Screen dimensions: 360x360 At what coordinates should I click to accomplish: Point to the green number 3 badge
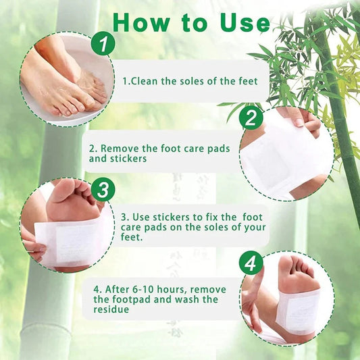tap(103, 190)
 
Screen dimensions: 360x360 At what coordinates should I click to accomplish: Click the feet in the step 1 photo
tap(64, 84)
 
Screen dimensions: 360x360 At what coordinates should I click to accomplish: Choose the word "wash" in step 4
tap(182, 299)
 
